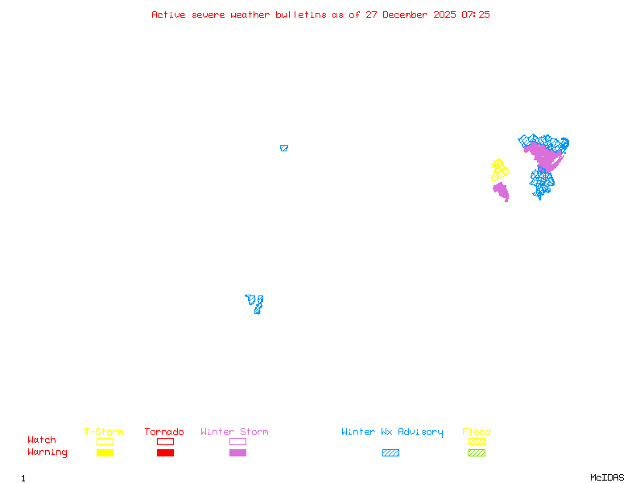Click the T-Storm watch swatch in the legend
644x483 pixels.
[105, 441]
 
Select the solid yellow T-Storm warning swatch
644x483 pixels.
[105, 452]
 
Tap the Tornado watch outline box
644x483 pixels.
[165, 441]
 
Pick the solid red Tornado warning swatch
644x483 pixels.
[165, 452]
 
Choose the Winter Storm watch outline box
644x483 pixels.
[237, 441]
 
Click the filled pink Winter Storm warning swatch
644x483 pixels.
[237, 452]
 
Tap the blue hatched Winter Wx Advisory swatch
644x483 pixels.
[390, 452]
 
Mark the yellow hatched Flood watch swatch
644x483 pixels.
[477, 441]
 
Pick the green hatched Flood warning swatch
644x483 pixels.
[477, 452]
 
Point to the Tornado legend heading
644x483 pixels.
[164, 431]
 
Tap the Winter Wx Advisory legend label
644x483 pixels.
[392, 431]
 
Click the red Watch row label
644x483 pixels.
[42, 440]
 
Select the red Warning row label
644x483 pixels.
[47, 452]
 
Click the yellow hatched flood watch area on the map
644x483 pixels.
[500, 170]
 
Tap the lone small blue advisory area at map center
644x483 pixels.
[283, 148]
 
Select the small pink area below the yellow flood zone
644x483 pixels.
[502, 192]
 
